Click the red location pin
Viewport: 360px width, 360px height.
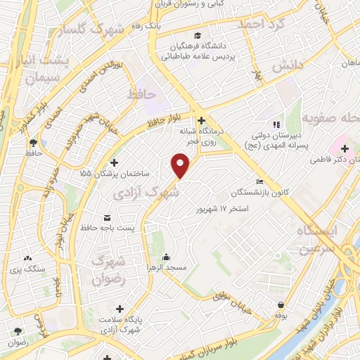point(181,167)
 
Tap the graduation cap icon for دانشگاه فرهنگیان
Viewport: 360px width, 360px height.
point(200,34)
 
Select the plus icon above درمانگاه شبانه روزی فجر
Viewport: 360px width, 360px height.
point(201,120)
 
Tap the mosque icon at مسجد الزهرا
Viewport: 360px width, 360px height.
point(166,257)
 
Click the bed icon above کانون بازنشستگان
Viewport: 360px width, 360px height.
point(260,182)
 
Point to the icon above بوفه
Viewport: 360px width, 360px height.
point(281,304)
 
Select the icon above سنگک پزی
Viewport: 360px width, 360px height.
point(28,259)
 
